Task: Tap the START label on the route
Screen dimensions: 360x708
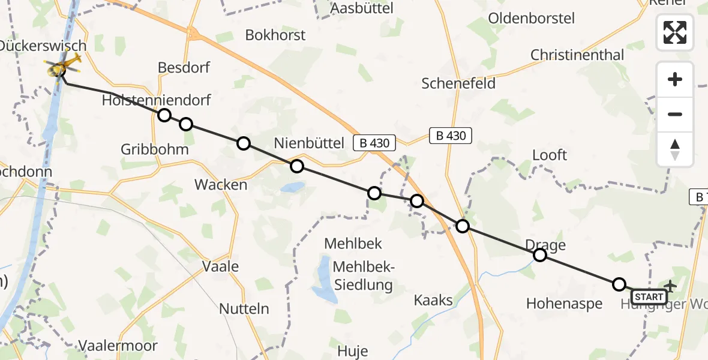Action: pyautogui.click(x=649, y=297)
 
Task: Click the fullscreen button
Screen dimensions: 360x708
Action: pyautogui.click(x=675, y=32)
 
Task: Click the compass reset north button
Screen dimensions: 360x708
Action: pyautogui.click(x=675, y=149)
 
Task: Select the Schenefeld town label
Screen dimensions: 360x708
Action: pyautogui.click(x=459, y=83)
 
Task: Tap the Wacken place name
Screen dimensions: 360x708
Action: pyautogui.click(x=221, y=185)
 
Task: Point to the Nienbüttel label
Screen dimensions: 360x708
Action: pyautogui.click(x=309, y=143)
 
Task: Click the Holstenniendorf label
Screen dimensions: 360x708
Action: pyautogui.click(x=156, y=100)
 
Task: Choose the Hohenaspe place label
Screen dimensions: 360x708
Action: pyautogui.click(x=564, y=304)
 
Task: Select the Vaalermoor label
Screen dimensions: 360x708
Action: pyautogui.click(x=118, y=346)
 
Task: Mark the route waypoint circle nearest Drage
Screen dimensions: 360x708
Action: pyautogui.click(x=540, y=256)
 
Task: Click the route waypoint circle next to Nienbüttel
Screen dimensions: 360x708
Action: pyautogui.click(x=297, y=166)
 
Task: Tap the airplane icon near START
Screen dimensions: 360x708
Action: pyautogui.click(x=670, y=286)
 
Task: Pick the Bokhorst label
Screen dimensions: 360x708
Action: pyautogui.click(x=275, y=35)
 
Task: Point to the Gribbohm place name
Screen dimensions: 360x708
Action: pyautogui.click(x=155, y=149)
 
